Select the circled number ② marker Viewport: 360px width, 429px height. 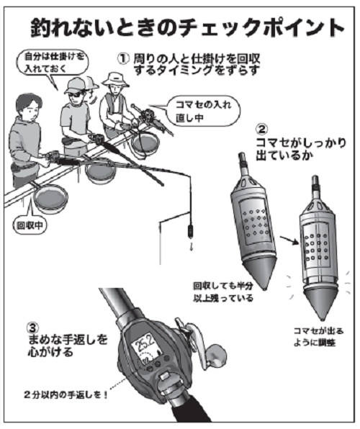point(264,132)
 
